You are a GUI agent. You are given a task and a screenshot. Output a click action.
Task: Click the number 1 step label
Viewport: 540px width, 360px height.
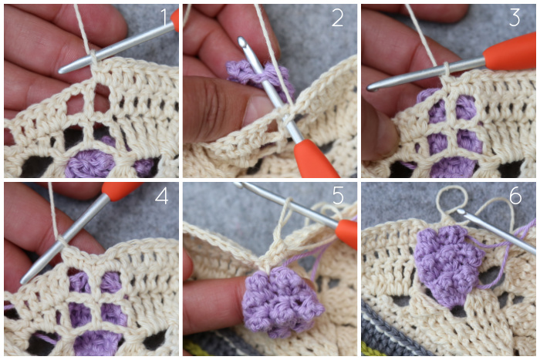164,17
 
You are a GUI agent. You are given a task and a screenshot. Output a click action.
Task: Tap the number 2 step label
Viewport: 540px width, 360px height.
338,18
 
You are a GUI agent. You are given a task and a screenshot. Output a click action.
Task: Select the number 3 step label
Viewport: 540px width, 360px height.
515,18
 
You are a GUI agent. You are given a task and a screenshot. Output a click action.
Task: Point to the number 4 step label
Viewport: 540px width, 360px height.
161,196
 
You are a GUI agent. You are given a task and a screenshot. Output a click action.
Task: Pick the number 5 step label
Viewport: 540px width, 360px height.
338,196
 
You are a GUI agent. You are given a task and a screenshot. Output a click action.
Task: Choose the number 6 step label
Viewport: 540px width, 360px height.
515,196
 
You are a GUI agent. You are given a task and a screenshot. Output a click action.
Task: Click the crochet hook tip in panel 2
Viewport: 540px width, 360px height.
242,41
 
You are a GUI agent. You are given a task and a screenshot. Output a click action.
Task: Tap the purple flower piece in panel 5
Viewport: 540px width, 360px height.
281,301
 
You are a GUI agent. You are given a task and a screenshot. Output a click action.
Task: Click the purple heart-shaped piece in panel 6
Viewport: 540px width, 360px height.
448,264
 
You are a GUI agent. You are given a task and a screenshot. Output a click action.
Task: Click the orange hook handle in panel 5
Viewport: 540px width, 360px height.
346,234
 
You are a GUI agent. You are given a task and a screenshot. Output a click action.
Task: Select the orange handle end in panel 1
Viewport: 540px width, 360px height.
175,20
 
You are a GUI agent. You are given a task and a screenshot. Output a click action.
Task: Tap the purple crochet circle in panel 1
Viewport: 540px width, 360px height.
90,164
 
